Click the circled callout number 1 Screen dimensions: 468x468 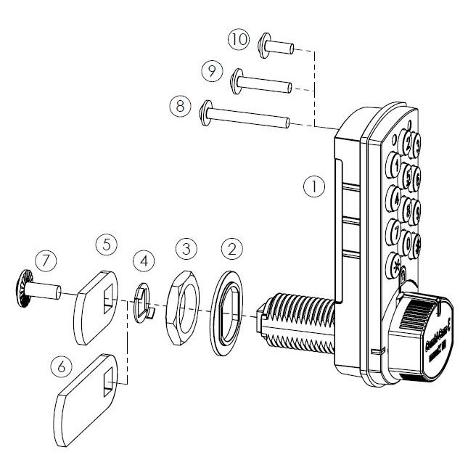pos(313,186)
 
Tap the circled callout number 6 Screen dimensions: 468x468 pos(62,368)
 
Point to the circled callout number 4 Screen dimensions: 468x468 pos(144,259)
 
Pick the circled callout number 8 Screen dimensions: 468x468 pos(179,105)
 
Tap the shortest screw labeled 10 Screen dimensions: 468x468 pos(275,49)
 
